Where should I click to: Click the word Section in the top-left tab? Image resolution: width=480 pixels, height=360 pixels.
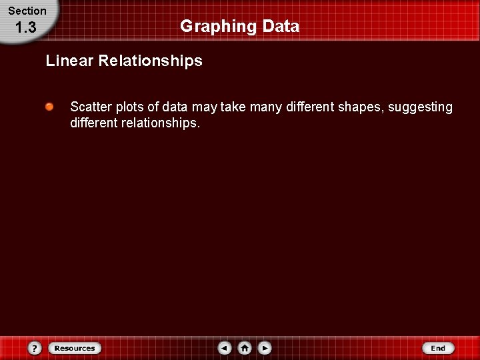pyautogui.click(x=27, y=11)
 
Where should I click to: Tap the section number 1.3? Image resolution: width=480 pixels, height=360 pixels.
pyautogui.click(x=25, y=28)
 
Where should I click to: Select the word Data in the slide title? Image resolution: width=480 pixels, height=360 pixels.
pyautogui.click(x=281, y=27)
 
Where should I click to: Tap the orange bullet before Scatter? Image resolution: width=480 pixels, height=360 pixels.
pyautogui.click(x=50, y=107)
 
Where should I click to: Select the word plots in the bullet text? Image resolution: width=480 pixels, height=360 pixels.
pyautogui.click(x=125, y=107)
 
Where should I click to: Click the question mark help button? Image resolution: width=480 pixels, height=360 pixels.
pyautogui.click(x=35, y=348)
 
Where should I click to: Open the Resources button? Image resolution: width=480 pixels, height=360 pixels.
pyautogui.click(x=75, y=348)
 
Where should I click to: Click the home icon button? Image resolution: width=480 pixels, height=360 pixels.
pyautogui.click(x=245, y=348)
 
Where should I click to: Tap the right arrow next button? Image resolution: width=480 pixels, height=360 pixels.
pyautogui.click(x=265, y=348)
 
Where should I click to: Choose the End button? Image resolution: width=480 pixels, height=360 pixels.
pyautogui.click(x=438, y=348)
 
